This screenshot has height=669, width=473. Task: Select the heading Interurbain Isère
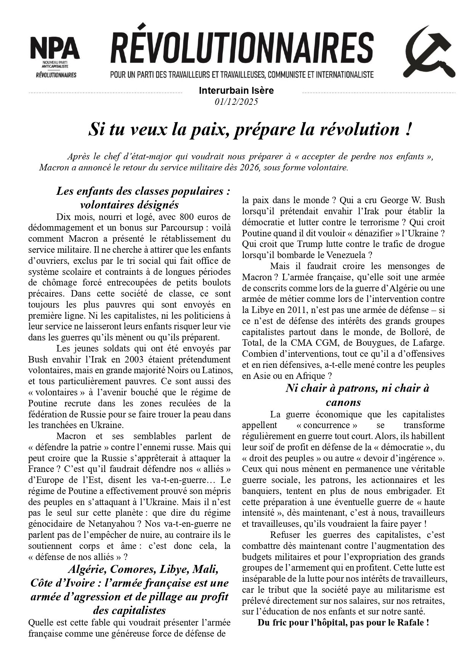pyautogui.click(x=236, y=91)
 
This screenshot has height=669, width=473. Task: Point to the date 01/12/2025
pyautogui.click(x=236, y=102)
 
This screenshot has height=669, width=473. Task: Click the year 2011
pyautogui.click(x=284, y=310)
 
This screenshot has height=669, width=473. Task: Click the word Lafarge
pyautogui.click(x=428, y=343)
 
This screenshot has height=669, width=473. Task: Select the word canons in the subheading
pyautogui.click(x=343, y=402)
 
